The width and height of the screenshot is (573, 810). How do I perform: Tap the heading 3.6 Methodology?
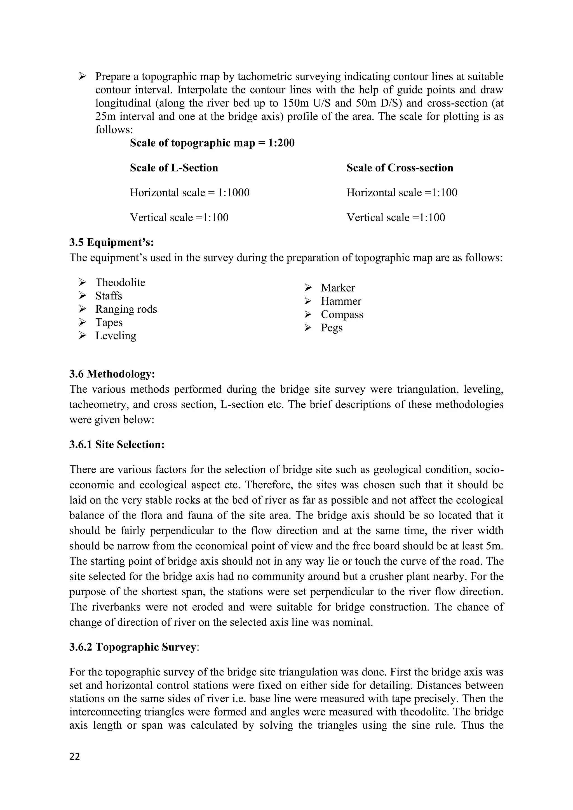click(x=112, y=374)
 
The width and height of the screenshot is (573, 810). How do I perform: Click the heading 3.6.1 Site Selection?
click(x=117, y=444)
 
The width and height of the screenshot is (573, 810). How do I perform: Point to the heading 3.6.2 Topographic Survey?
click(x=134, y=647)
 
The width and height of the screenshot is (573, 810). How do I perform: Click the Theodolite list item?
click(x=120, y=282)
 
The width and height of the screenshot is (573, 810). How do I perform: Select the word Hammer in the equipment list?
click(x=341, y=301)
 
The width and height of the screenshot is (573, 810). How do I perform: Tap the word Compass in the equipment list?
click(x=342, y=314)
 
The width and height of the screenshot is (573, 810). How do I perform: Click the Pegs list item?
click(x=331, y=328)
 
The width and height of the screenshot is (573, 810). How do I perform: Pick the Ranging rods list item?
click(x=126, y=309)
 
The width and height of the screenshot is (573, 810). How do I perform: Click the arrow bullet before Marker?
click(x=308, y=288)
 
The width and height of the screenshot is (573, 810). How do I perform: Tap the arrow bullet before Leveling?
click(x=83, y=336)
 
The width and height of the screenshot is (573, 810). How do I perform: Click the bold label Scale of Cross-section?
click(x=400, y=168)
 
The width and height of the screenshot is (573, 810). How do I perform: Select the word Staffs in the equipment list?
click(x=108, y=296)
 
